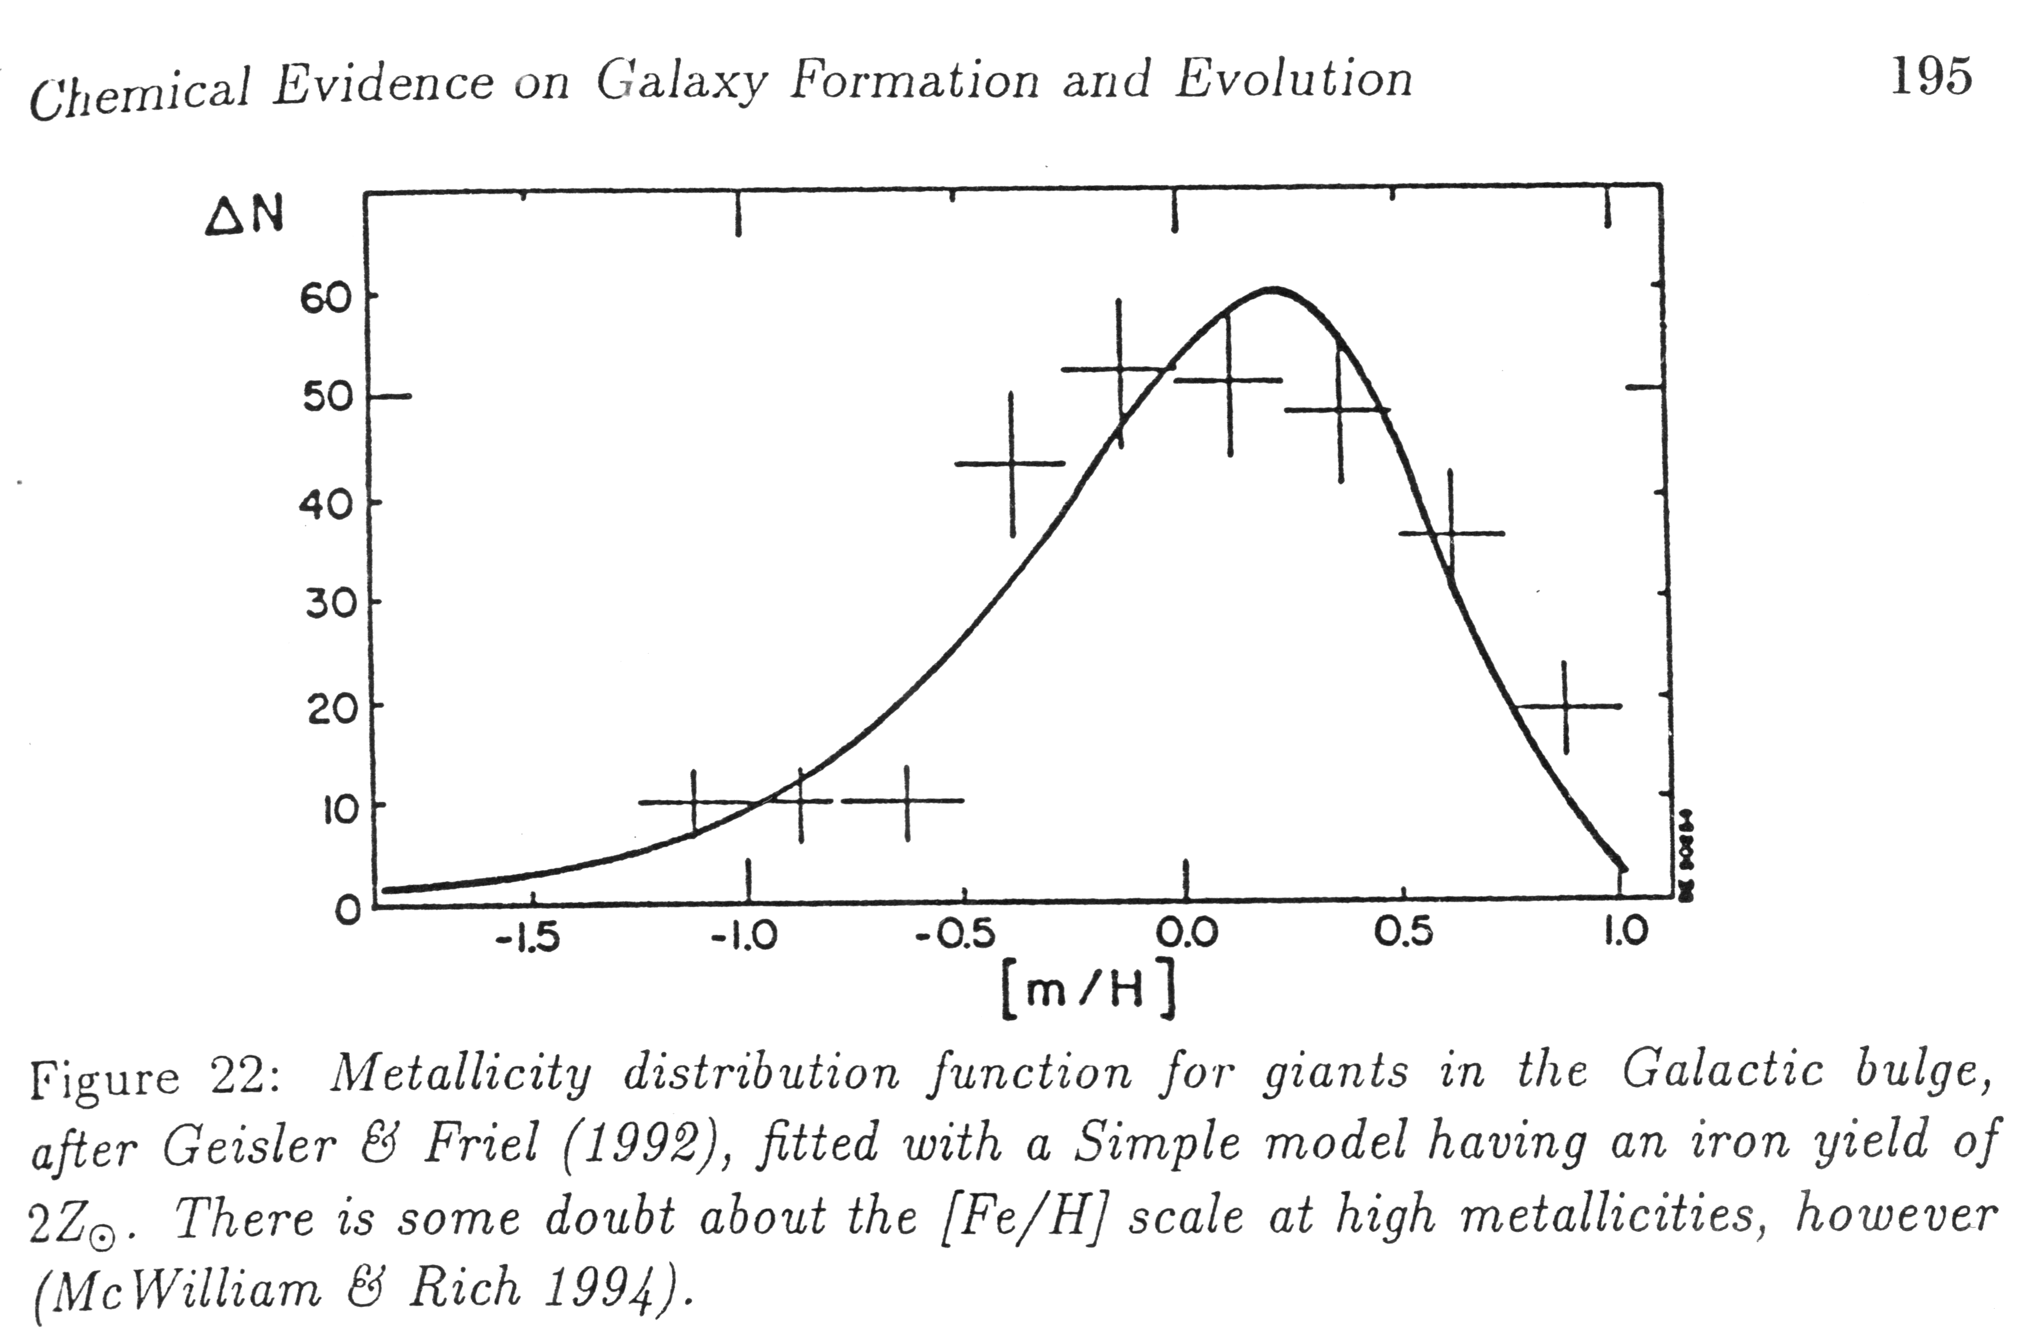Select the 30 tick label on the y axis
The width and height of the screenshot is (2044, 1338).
click(330, 604)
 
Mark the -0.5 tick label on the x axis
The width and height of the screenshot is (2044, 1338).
click(955, 935)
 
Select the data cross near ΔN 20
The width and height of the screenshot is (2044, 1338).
click(1565, 706)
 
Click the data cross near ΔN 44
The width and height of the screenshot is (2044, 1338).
click(1012, 464)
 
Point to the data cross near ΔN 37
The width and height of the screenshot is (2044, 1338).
click(1450, 533)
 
